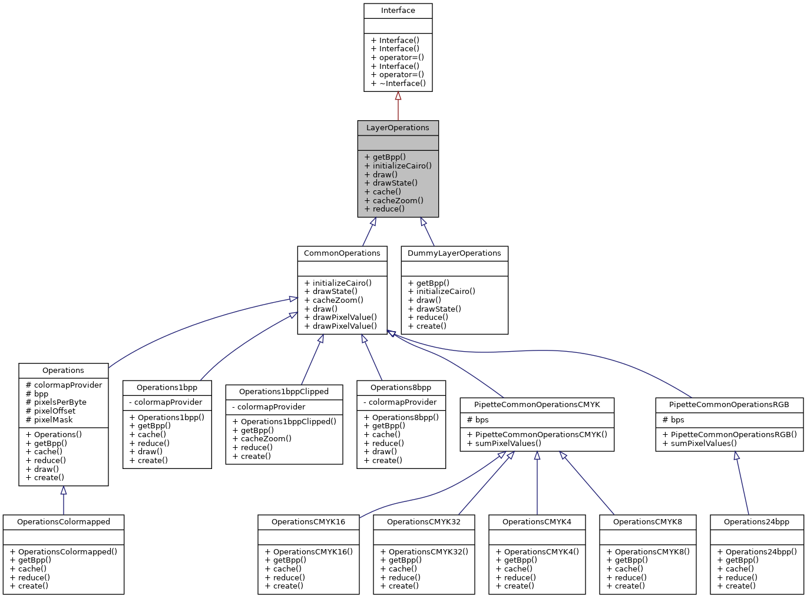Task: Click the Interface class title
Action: point(398,11)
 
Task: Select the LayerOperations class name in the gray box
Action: point(398,128)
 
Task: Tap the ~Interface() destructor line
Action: point(398,83)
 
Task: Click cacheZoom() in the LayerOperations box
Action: point(394,200)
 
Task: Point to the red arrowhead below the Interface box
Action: point(398,96)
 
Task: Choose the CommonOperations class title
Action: point(342,253)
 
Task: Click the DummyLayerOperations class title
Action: point(454,253)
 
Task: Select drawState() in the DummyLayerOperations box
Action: point(435,309)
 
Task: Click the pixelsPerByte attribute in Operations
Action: point(56,402)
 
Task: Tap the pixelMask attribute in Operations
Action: point(49,419)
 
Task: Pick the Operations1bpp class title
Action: point(167,388)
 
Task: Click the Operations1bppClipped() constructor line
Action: point(284,421)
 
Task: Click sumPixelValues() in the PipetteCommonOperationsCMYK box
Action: point(504,443)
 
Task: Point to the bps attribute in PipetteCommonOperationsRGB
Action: point(673,419)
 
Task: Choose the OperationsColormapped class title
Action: point(64,522)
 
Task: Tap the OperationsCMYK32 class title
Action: point(424,522)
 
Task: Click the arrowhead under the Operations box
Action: point(64,491)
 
